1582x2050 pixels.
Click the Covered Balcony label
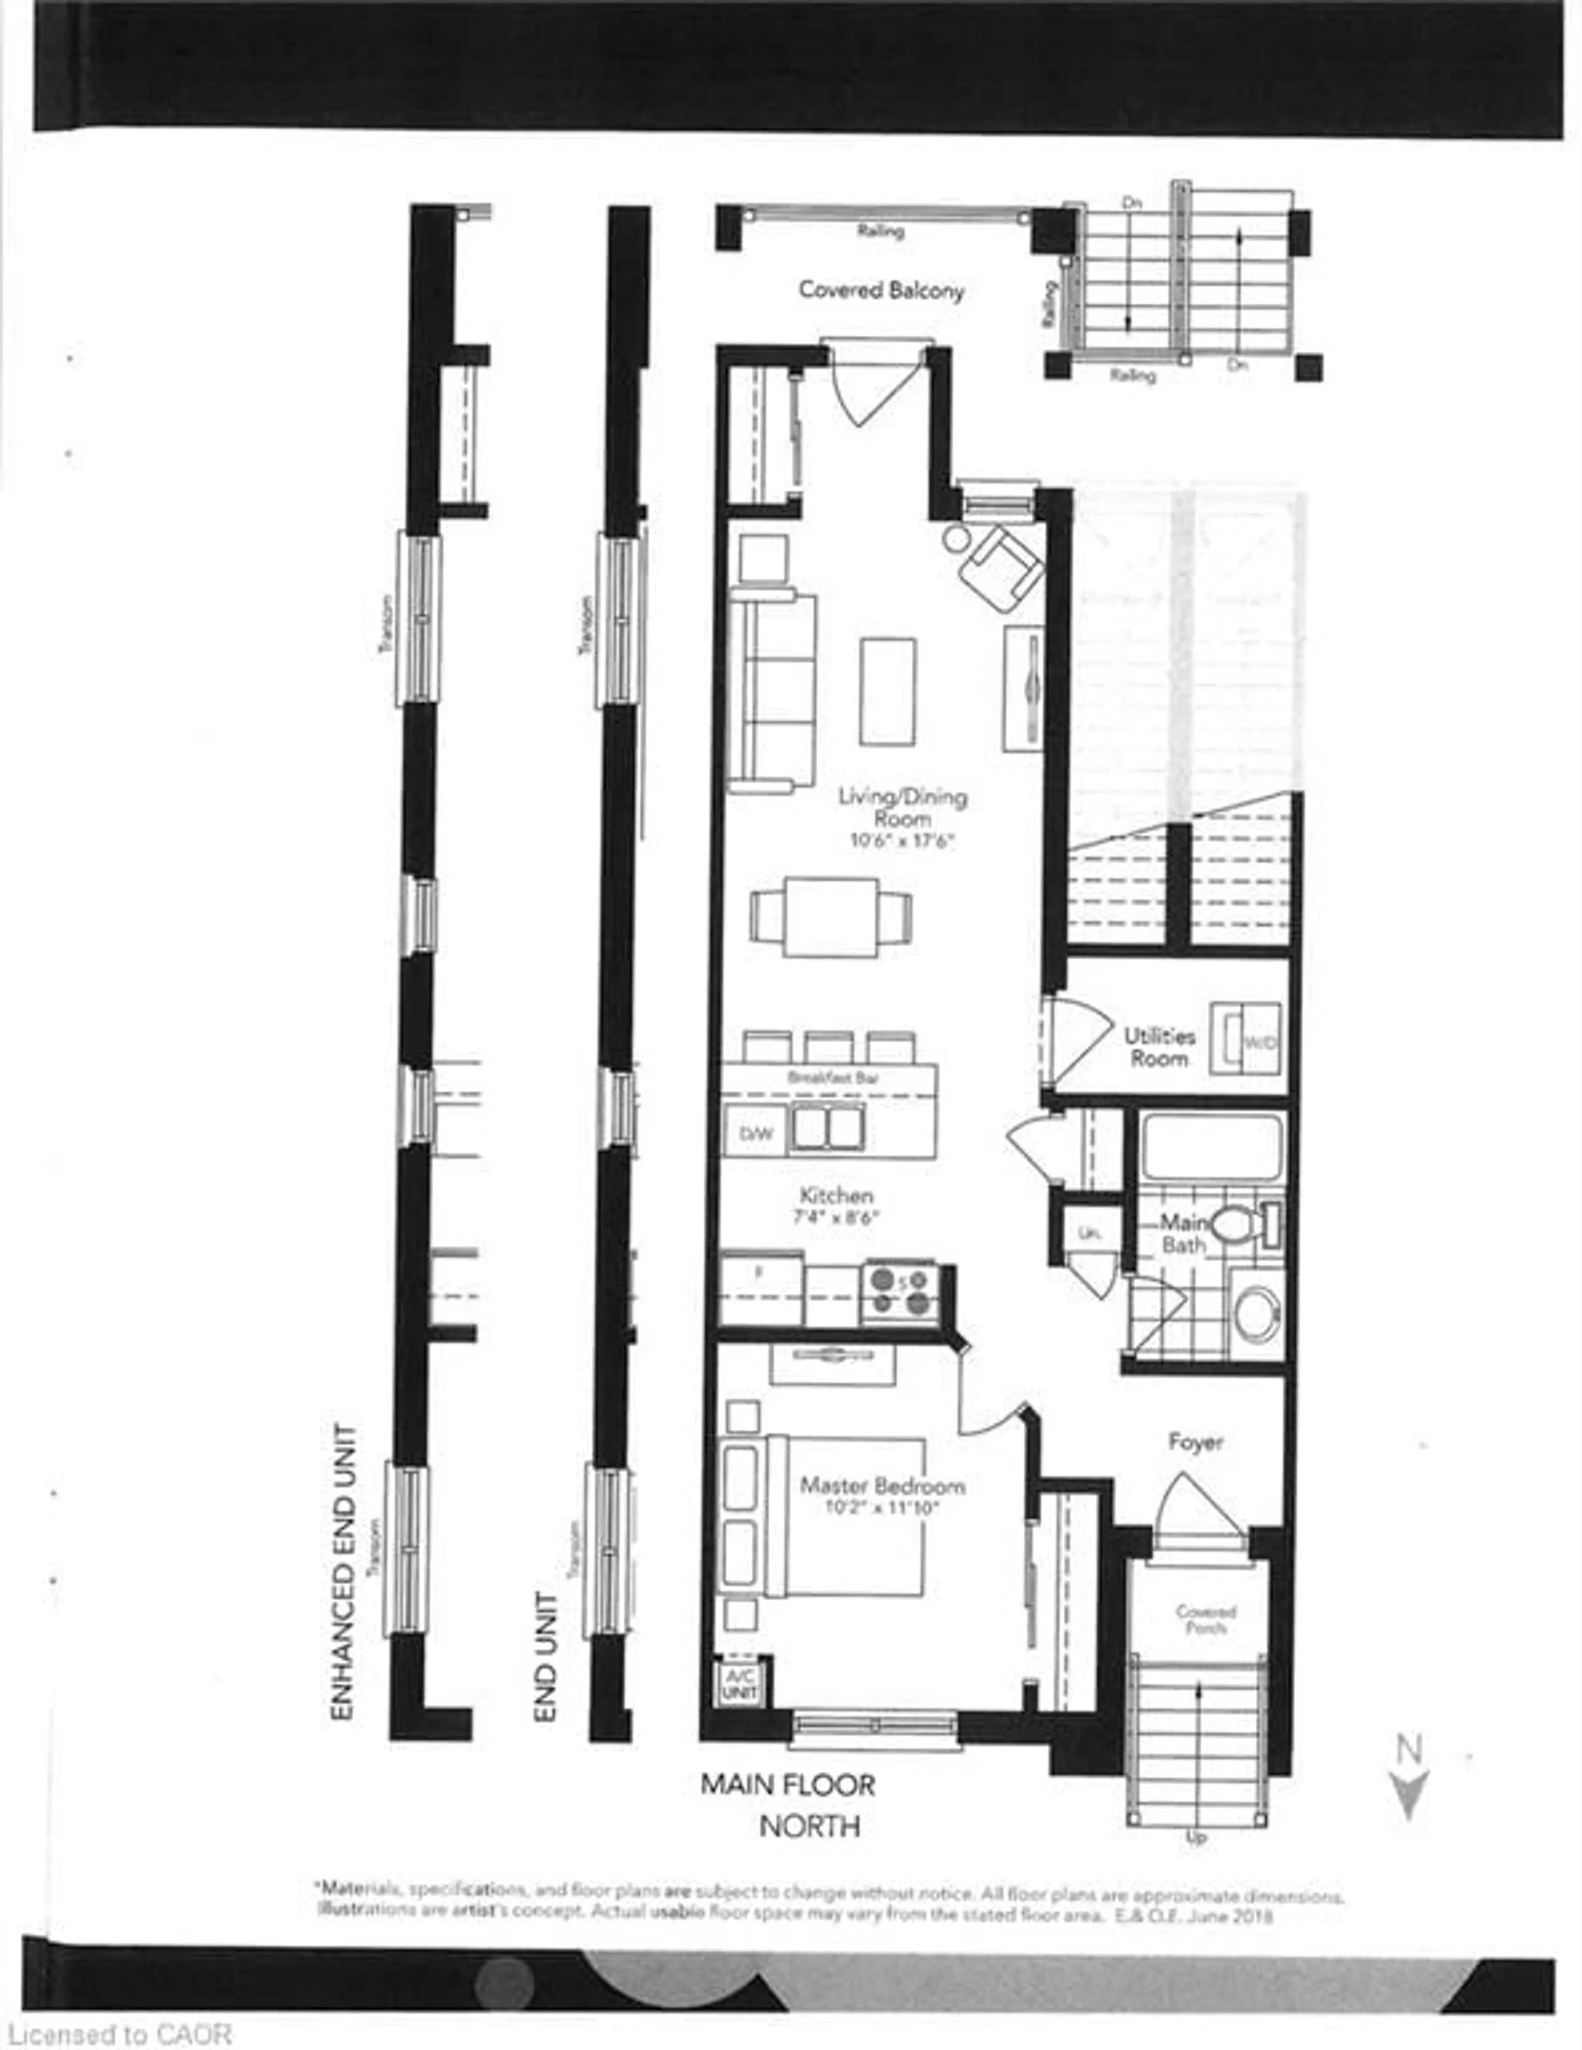(881, 290)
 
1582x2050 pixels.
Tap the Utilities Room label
(1160, 1047)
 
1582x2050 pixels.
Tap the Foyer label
(1196, 1442)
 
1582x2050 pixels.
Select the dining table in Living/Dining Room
(831, 917)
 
